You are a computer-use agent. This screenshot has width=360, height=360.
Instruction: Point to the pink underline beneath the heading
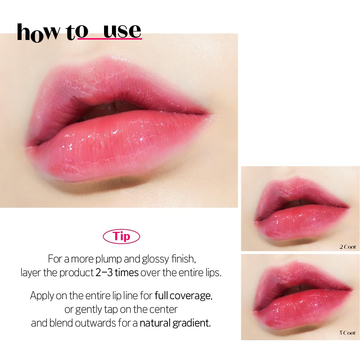[109, 39]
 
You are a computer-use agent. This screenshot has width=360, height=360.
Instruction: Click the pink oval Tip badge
[121, 237]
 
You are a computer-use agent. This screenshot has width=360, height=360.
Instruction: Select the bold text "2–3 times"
[117, 273]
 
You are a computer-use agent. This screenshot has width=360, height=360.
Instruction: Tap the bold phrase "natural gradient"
[175, 323]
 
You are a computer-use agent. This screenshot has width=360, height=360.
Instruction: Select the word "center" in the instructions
[165, 309]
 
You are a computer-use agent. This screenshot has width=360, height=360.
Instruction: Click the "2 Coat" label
[347, 247]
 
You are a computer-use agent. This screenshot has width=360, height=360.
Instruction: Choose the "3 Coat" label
[347, 333]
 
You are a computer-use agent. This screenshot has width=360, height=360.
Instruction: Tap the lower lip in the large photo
[119, 144]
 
